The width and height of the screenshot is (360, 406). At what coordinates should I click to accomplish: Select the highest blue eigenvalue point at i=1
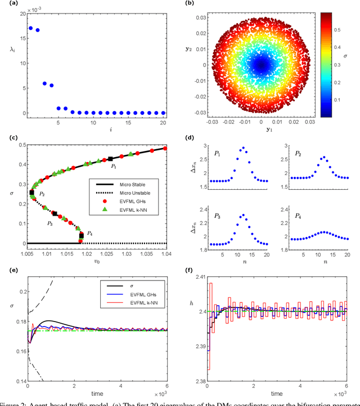pos(30,28)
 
